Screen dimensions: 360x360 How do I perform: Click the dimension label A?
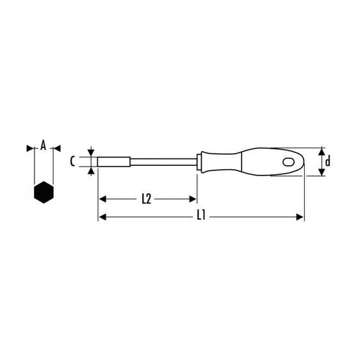point(43,147)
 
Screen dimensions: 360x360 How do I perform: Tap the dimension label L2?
point(146,199)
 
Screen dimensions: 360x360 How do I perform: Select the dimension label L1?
point(200,217)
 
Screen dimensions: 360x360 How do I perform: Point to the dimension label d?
point(327,161)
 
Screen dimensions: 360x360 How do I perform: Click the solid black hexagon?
point(43,192)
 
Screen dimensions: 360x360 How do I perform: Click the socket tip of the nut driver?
point(111,161)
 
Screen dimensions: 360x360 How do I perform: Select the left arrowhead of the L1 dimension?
point(102,217)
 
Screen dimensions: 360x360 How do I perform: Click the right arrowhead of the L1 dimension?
point(300,217)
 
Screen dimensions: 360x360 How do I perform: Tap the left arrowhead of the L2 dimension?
point(102,199)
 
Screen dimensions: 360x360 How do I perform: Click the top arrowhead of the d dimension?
point(320,151)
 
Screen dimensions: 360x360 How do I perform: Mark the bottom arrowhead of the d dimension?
point(320,172)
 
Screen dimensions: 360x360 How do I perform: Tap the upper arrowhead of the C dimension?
point(92,152)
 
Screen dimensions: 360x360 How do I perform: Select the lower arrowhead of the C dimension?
point(92,171)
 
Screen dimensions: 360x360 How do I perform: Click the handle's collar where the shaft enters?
point(201,161)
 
